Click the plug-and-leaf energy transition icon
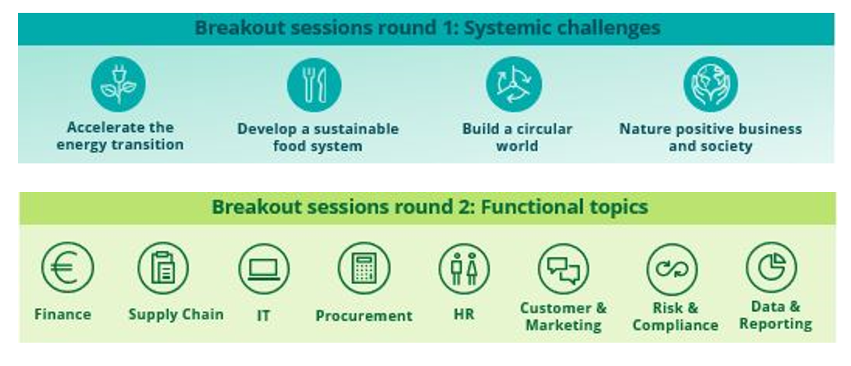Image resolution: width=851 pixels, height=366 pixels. (118, 84)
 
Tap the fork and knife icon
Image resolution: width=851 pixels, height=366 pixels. (315, 84)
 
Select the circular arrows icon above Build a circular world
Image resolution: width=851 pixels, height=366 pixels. (514, 84)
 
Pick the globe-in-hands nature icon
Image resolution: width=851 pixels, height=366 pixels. (710, 84)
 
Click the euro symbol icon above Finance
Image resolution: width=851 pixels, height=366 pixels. (67, 267)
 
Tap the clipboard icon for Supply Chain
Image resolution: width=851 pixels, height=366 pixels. (163, 268)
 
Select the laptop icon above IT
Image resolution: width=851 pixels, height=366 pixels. (264, 269)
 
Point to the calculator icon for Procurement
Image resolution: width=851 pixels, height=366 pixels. (363, 268)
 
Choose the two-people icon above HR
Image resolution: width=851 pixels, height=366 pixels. (464, 269)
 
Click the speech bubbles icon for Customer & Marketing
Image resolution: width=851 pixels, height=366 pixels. (564, 269)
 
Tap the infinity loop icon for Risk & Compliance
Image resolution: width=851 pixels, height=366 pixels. (672, 269)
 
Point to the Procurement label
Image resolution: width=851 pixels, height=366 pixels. (364, 316)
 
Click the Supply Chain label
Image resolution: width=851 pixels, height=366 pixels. (176, 314)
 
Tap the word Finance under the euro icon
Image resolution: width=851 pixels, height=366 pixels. (62, 314)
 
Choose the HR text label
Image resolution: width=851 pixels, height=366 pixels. (463, 314)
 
